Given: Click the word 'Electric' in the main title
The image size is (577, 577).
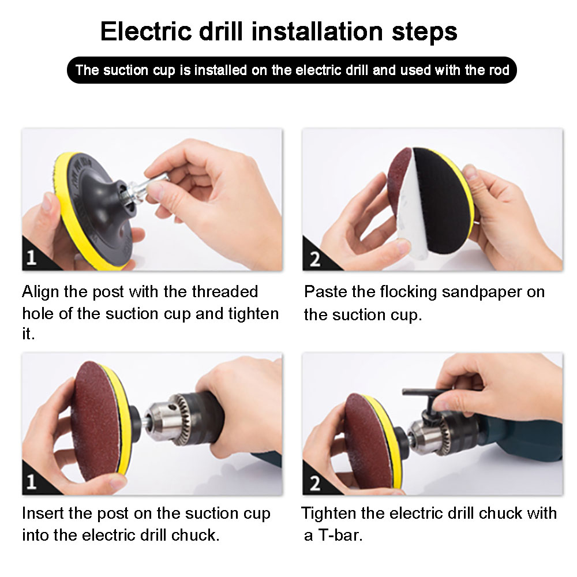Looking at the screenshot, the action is [x=146, y=31].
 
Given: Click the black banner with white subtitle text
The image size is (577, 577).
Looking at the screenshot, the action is [x=292, y=70].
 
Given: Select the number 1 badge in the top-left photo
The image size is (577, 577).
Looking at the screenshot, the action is [x=32, y=257].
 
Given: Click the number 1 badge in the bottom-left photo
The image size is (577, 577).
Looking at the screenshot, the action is [x=32, y=481].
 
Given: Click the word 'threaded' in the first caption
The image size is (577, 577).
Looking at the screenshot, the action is [x=225, y=292].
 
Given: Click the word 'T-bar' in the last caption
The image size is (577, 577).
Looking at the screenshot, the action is [x=340, y=535].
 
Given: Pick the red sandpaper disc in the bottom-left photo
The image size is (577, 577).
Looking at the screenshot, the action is [x=94, y=421].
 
